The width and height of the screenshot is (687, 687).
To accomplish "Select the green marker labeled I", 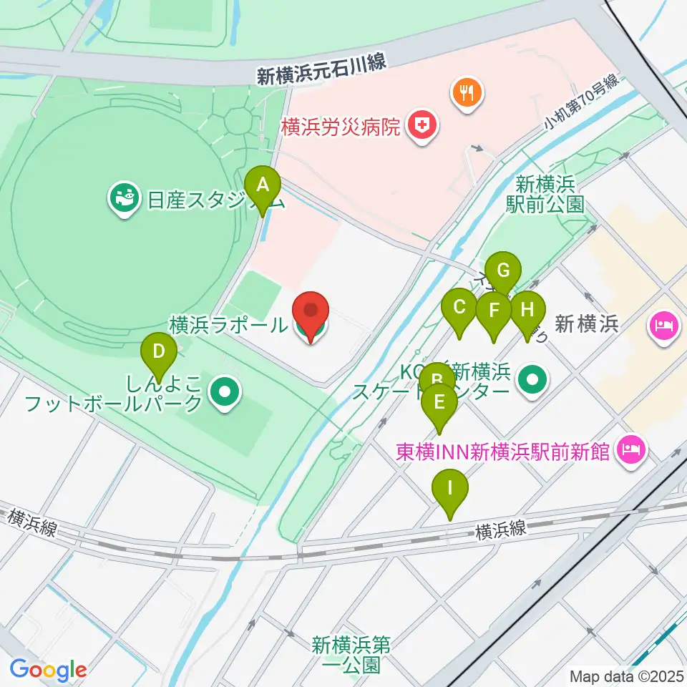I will click(450, 491).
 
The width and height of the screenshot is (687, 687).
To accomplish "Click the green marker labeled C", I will click(459, 309).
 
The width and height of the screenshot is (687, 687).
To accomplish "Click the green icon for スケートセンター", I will click(531, 379).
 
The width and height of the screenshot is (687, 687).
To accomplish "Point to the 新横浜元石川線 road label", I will click(321, 70).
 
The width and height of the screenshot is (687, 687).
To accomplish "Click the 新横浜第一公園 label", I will click(350, 655).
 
